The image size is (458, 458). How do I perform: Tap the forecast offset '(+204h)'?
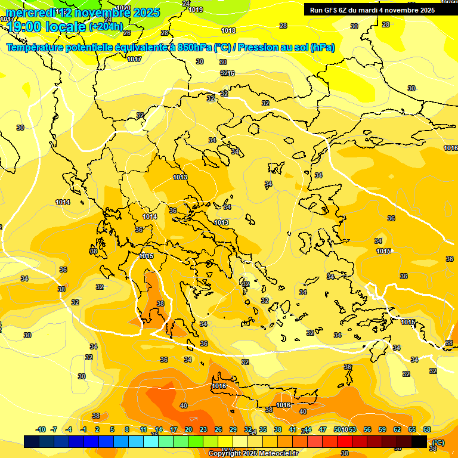[x=106, y=26]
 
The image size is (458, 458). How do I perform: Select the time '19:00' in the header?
[x=24, y=26]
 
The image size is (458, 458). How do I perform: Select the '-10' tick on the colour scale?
[x=41, y=429]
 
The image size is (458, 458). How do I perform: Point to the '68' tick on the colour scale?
[x=427, y=429]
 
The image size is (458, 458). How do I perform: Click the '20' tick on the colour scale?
[x=188, y=429]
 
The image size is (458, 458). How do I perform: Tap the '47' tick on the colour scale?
[x=323, y=429]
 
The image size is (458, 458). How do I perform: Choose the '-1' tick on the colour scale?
[x=83, y=429]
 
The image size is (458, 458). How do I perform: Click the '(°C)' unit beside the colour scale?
[x=438, y=442]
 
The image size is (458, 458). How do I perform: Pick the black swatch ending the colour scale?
[x=419, y=441]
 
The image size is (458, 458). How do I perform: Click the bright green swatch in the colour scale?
[x=196, y=441]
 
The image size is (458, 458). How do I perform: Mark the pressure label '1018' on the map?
[x=228, y=30]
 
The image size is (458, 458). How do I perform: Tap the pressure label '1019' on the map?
[x=196, y=10]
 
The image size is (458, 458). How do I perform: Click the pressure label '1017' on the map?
[x=134, y=59]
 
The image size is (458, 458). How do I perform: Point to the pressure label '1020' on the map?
[x=123, y=8]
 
